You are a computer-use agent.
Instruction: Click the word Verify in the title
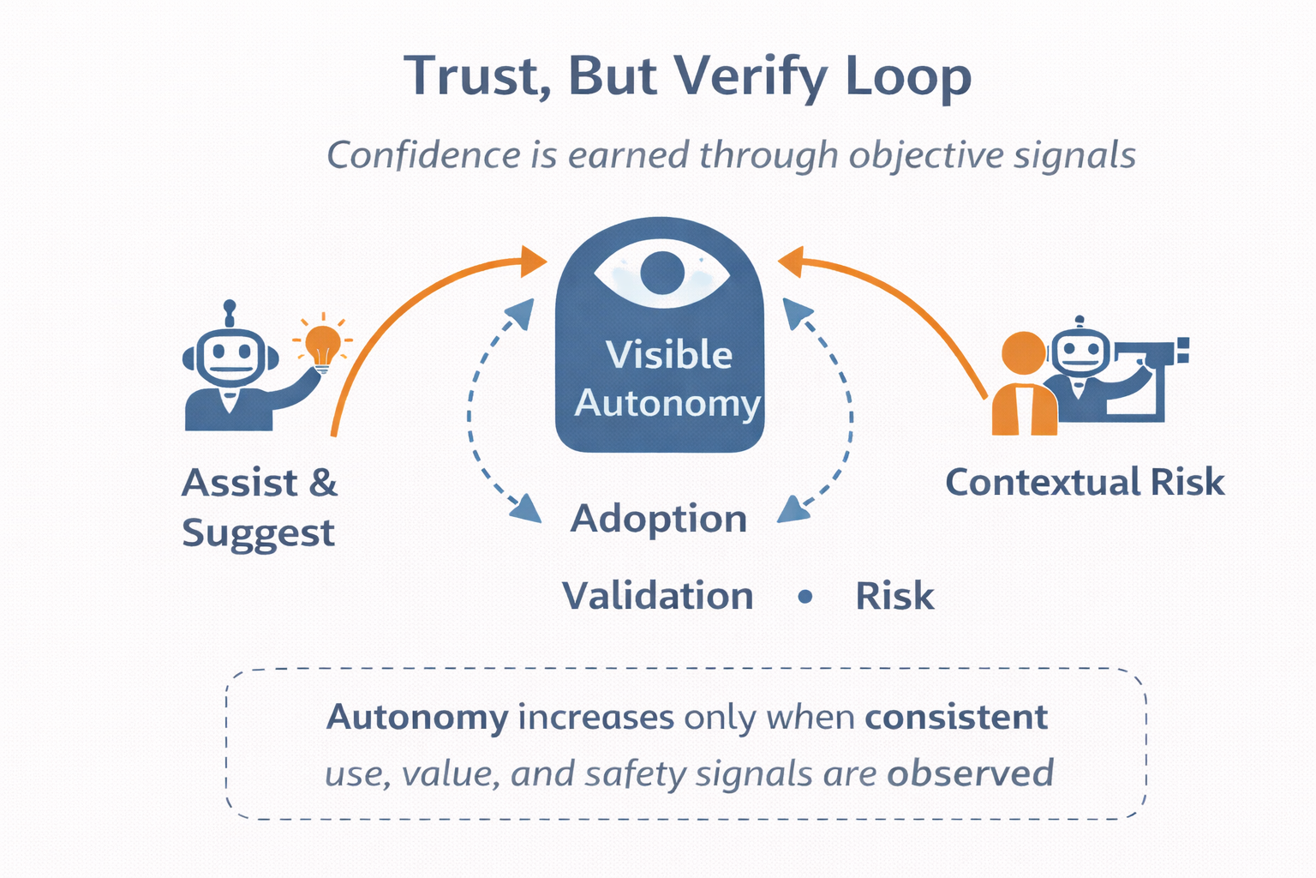click(750, 77)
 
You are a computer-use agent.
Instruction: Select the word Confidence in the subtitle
click(423, 155)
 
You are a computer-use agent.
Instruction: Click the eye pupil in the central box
click(661, 273)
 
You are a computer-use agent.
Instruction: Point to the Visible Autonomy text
click(667, 379)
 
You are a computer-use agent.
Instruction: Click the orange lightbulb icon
click(323, 345)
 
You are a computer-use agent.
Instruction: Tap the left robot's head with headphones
click(230, 355)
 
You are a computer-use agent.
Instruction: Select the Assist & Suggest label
click(260, 508)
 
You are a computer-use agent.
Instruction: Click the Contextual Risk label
click(1084, 482)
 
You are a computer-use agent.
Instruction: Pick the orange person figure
click(1024, 386)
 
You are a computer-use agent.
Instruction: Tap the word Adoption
click(658, 519)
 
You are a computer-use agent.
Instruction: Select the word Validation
click(657, 596)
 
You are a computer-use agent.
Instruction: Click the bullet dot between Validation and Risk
click(805, 597)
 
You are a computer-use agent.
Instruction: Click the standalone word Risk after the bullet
click(894, 596)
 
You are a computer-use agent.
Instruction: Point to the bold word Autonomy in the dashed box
click(417, 717)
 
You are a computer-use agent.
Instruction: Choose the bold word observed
click(970, 773)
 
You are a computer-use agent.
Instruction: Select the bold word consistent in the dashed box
click(955, 717)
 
